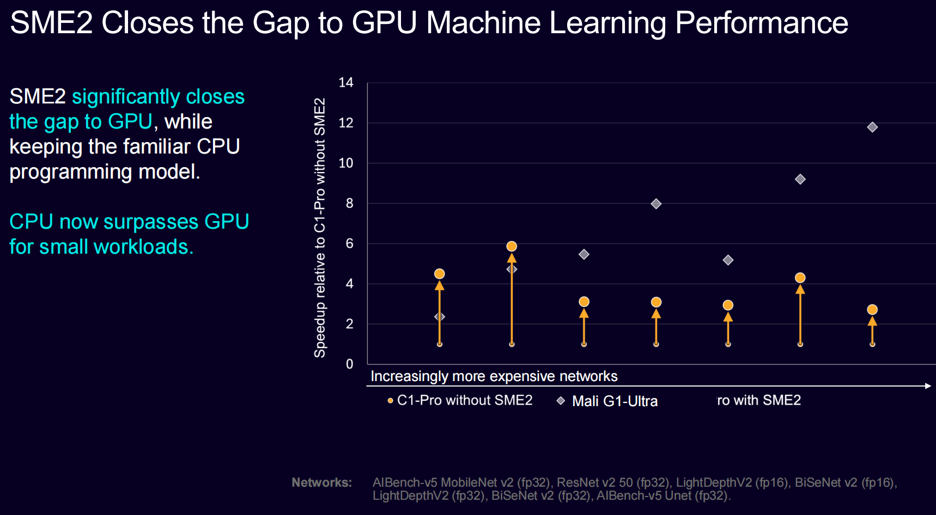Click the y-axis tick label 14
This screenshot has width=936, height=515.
point(346,83)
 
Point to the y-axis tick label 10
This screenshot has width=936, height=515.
point(346,163)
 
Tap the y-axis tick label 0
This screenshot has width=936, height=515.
point(349,364)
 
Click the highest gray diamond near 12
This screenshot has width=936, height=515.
point(872,127)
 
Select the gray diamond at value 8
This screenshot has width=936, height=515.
point(656,204)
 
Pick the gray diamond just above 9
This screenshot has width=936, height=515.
point(800,179)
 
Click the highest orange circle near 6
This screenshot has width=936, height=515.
point(512,247)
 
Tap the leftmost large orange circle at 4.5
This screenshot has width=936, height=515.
point(439,274)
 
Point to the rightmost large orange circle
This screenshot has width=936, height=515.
point(872,310)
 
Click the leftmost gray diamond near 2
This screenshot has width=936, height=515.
point(439,317)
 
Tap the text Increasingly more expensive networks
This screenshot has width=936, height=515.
point(494,376)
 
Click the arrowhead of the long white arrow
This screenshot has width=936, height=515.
point(928,386)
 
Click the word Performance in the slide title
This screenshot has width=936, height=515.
point(761,23)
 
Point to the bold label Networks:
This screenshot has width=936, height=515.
point(321,482)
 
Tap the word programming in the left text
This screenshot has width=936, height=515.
point(71,172)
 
